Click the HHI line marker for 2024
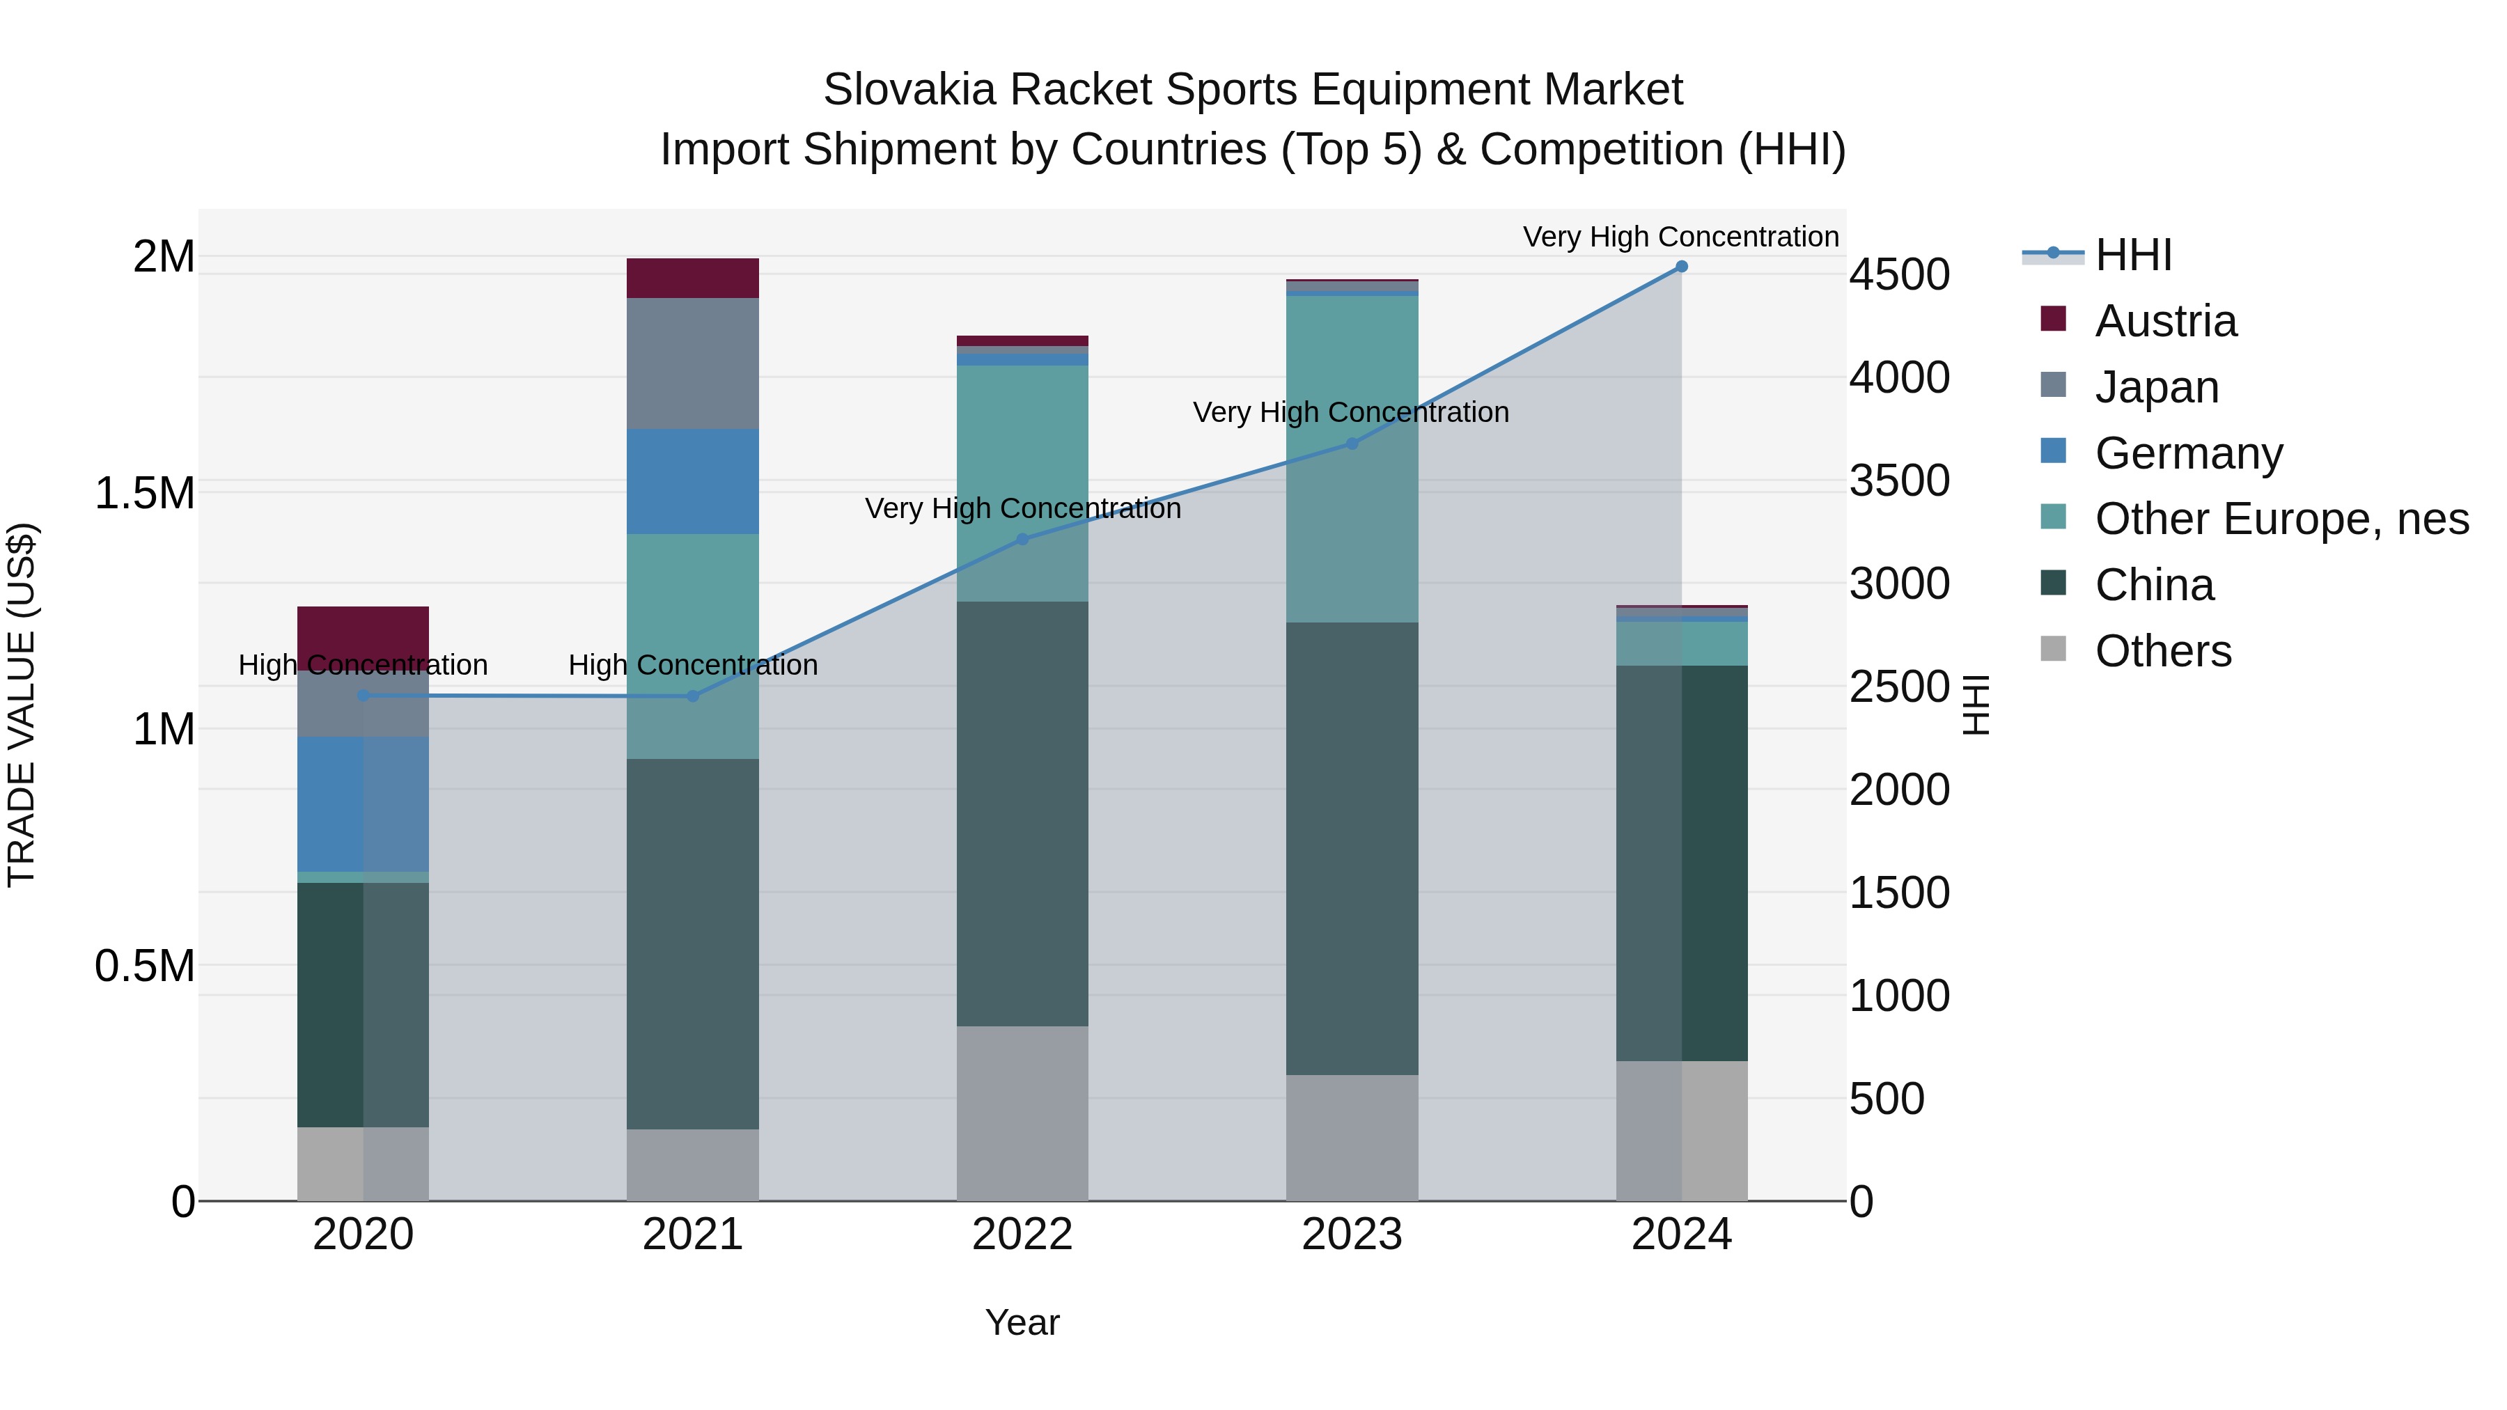[1681, 267]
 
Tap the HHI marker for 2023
[1352, 444]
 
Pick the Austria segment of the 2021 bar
[692, 279]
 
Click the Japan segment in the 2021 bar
[692, 363]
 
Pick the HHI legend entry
[2132, 255]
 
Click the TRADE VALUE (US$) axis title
[22, 705]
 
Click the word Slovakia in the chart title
[909, 91]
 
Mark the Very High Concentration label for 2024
[1681, 237]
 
